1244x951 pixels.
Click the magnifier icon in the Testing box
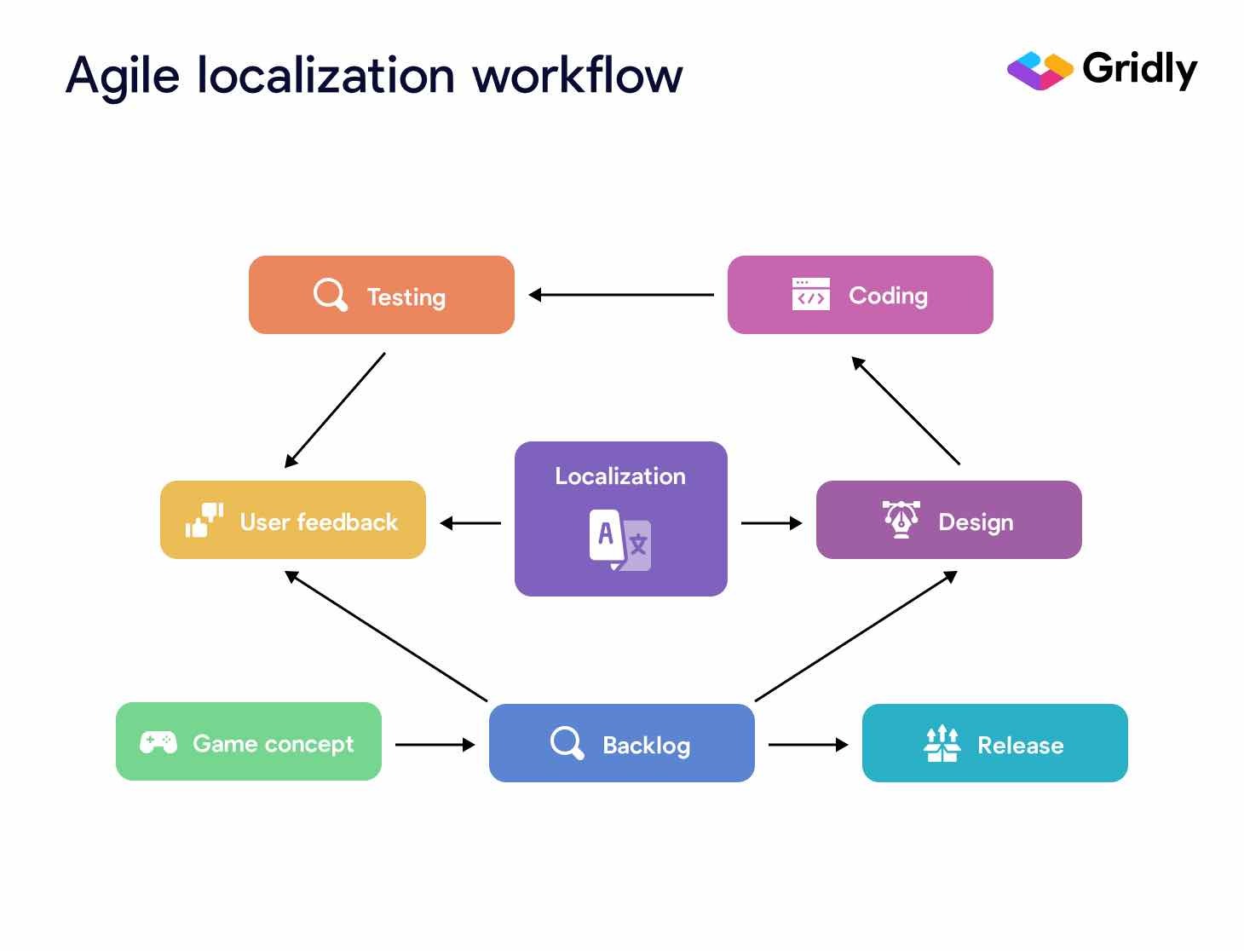pyautogui.click(x=330, y=295)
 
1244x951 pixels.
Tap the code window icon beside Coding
pyautogui.click(x=810, y=294)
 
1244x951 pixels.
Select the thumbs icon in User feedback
pyautogui.click(x=204, y=520)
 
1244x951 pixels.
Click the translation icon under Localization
pyautogui.click(x=620, y=539)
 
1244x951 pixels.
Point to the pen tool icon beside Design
pyautogui.click(x=901, y=519)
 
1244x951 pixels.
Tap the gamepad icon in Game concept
pyautogui.click(x=158, y=742)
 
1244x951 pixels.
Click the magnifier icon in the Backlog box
pyautogui.click(x=567, y=742)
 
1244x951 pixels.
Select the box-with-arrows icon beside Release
pyautogui.click(x=942, y=743)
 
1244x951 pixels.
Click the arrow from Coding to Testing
pyautogui.click(x=621, y=295)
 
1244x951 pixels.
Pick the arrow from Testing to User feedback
pyautogui.click(x=335, y=410)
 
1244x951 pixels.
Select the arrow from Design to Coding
pyautogui.click(x=906, y=411)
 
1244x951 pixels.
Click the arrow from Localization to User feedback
pyautogui.click(x=470, y=523)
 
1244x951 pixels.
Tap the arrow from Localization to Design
pyautogui.click(x=771, y=523)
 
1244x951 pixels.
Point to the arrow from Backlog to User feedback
pyautogui.click(x=386, y=637)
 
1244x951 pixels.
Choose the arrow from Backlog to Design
pyautogui.click(x=855, y=637)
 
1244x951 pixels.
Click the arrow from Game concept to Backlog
pyautogui.click(x=435, y=745)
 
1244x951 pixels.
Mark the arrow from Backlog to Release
pyautogui.click(x=808, y=745)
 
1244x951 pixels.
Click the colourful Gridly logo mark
pyautogui.click(x=1040, y=71)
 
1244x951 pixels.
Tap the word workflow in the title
pyautogui.click(x=578, y=75)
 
